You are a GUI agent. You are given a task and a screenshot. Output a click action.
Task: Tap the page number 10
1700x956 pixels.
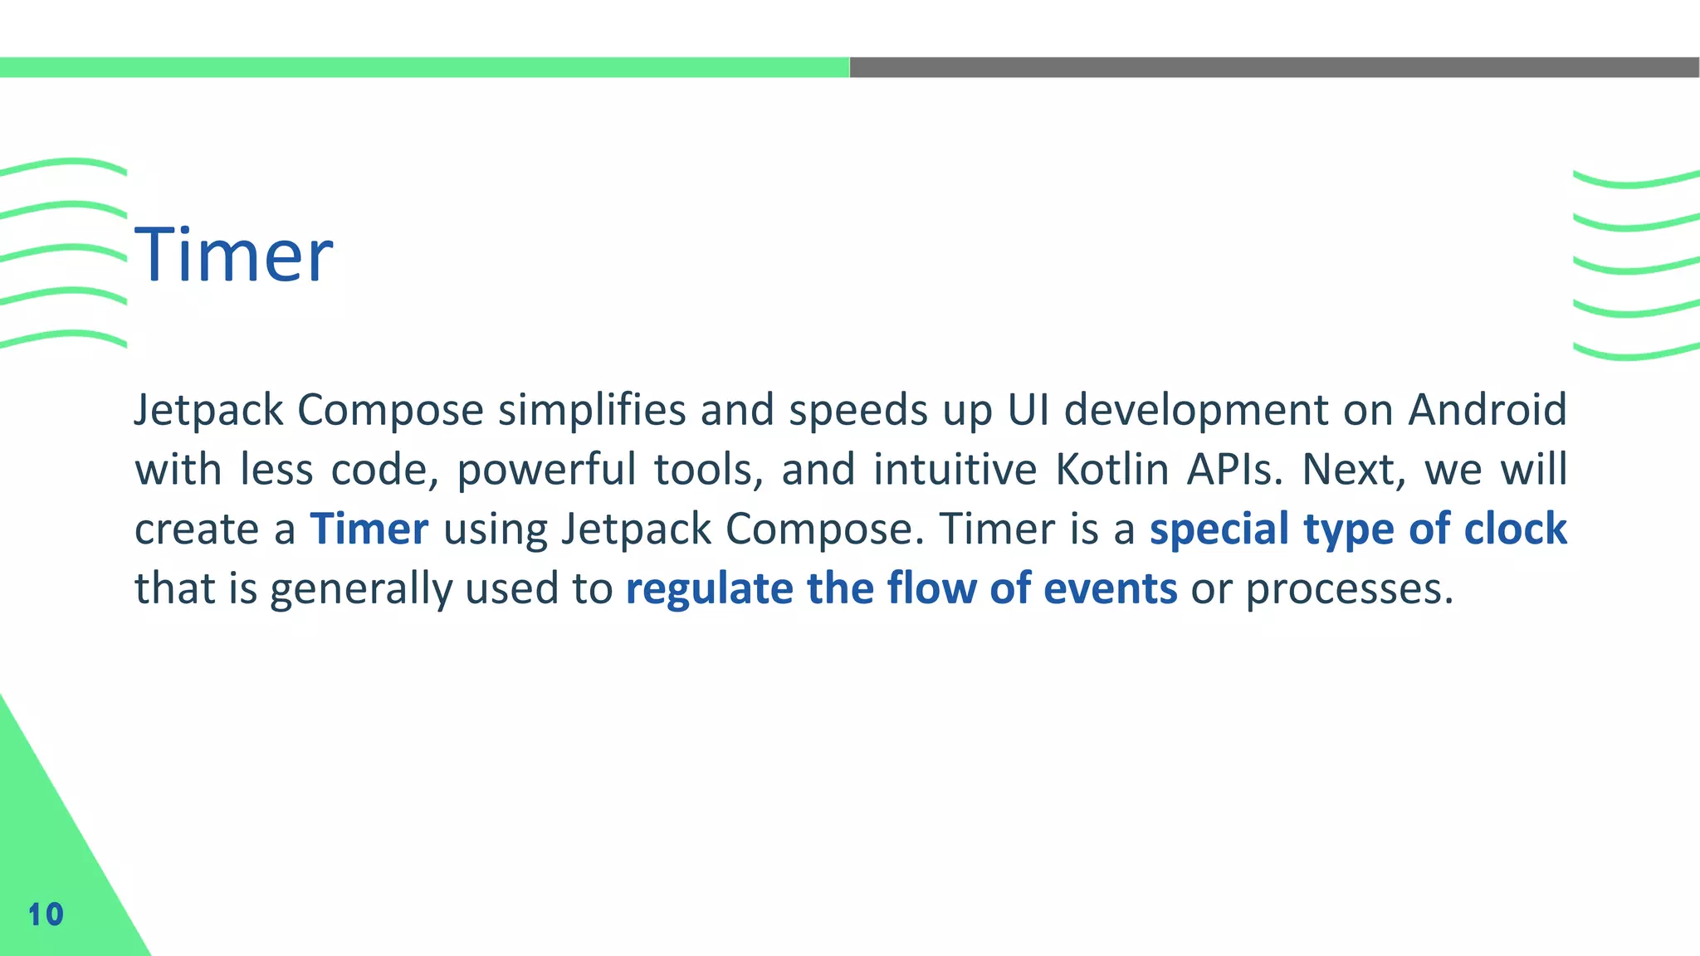pos(46,915)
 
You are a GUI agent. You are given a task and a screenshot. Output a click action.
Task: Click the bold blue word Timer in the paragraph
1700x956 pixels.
pos(369,529)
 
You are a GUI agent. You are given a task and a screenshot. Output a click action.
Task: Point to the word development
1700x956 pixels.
pos(1196,411)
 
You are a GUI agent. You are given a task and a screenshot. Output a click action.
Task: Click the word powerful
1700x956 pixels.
pos(545,471)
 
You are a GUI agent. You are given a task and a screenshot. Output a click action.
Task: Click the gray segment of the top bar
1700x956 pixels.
pos(1274,67)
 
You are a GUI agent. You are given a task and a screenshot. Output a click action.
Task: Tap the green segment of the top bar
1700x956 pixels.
pos(424,67)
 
